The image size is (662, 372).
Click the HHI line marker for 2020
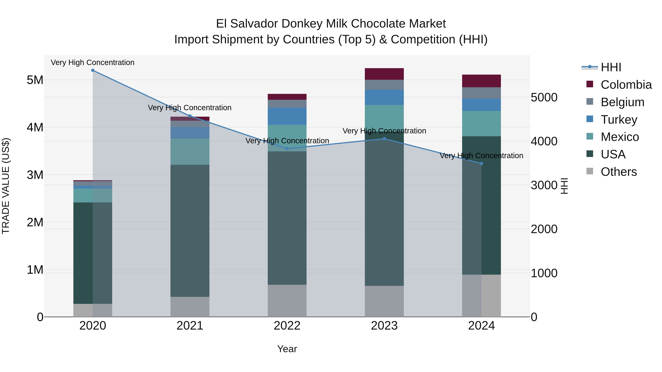click(93, 70)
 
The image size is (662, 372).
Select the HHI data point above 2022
click(287, 149)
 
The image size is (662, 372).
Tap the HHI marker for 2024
click(481, 163)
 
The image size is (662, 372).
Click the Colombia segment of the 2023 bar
click(384, 74)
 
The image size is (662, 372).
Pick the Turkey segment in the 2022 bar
click(287, 116)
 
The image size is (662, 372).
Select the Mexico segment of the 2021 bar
click(190, 152)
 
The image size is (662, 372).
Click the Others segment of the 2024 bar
click(481, 296)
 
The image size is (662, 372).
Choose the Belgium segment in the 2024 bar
click(481, 93)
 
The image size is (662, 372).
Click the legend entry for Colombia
click(626, 85)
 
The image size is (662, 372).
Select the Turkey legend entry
click(619, 120)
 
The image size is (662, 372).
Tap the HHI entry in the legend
click(611, 67)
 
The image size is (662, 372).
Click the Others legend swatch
click(590, 171)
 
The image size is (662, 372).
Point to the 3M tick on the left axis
click(35, 175)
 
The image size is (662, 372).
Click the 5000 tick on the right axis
click(544, 97)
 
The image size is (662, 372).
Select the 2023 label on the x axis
click(384, 326)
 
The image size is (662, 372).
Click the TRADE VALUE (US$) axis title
click(6, 186)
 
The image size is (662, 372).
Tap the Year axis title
click(287, 349)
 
